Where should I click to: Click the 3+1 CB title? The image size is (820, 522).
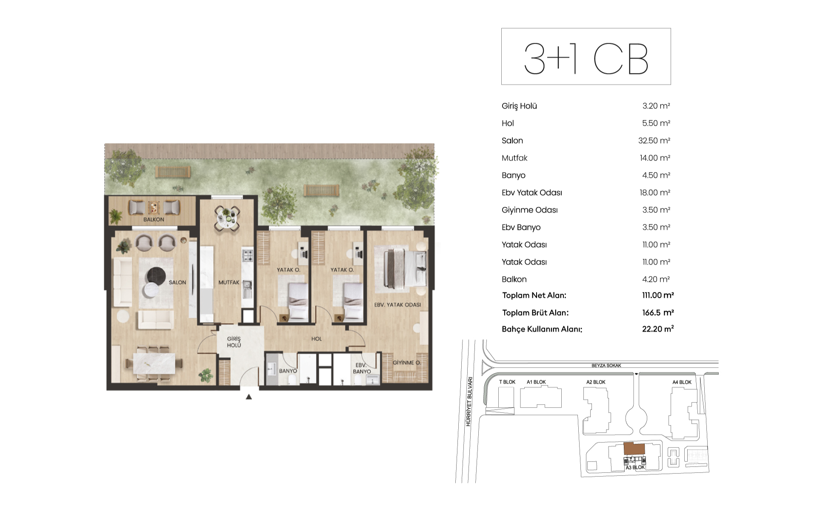click(586, 59)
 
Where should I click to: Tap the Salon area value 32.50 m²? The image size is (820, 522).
click(654, 141)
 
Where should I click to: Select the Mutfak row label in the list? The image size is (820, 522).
click(514, 158)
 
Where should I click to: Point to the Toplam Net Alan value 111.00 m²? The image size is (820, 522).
click(658, 295)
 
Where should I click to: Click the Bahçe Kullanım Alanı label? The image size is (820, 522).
click(542, 329)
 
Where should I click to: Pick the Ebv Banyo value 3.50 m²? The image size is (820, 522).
click(656, 227)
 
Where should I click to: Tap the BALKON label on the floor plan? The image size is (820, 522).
click(154, 220)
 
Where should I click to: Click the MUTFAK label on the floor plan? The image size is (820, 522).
click(229, 282)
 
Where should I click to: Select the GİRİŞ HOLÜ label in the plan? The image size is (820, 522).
click(234, 342)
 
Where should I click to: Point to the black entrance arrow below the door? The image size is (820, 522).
click(249, 397)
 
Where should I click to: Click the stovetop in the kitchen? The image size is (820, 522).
click(248, 255)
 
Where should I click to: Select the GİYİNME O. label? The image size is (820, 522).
click(406, 363)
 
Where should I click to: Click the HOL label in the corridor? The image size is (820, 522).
click(317, 339)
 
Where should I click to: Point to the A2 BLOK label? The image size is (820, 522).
click(596, 382)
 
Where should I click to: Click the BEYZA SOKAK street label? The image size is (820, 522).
click(606, 366)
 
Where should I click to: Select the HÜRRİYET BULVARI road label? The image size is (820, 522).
click(469, 401)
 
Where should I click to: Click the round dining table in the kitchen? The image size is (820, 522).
click(226, 218)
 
